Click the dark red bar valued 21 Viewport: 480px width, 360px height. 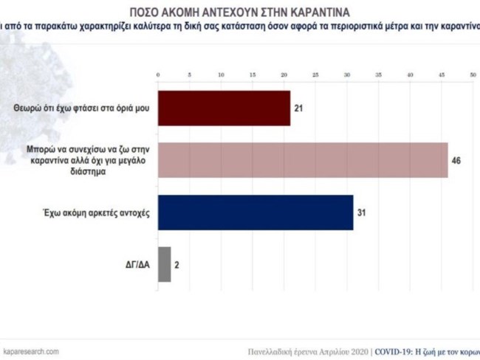pos(224,109)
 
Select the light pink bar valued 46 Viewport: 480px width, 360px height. pos(303,160)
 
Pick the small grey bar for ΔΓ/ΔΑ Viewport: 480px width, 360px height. pos(164,264)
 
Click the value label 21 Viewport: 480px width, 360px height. pos(299,109)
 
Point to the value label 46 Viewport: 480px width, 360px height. pos(456,160)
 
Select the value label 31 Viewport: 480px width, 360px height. pos(362,213)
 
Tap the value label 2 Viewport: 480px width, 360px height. pos(178,264)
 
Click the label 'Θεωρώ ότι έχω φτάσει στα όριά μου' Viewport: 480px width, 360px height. pos(81,108)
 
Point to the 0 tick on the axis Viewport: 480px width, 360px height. pos(158,75)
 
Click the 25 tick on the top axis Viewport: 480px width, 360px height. pos(315,75)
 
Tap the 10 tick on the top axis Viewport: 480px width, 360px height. pos(221,75)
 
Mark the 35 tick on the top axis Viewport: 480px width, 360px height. pos(378,75)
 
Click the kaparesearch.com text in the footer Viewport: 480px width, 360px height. pos(31,351)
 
